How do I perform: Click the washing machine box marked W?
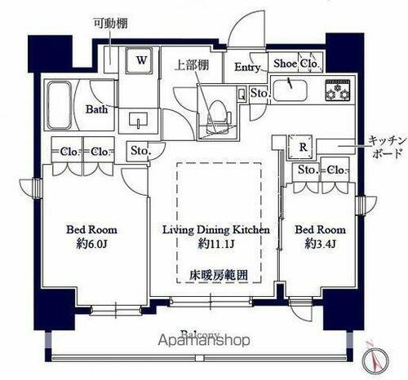141,60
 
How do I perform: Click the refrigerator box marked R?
303,148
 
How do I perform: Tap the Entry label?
249,68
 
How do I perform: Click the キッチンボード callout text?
387,146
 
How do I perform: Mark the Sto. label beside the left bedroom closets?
140,151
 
